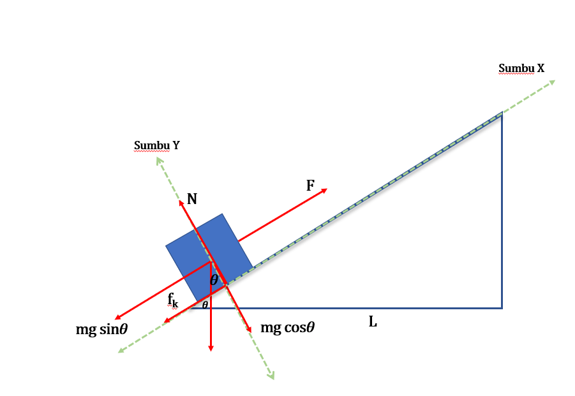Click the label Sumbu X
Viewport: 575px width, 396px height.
(x=521, y=68)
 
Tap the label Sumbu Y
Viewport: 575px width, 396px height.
(x=156, y=145)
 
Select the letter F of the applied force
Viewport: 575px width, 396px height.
(x=310, y=186)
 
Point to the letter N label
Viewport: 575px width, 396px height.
(x=192, y=199)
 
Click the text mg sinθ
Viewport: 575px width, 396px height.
(x=101, y=329)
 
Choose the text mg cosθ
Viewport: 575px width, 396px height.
(x=287, y=327)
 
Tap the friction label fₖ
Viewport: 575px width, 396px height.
(x=173, y=300)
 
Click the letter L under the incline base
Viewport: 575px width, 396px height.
(x=373, y=321)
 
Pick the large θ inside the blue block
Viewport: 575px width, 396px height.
(x=214, y=280)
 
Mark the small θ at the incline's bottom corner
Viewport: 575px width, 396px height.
(x=205, y=304)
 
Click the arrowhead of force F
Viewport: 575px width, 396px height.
(x=325, y=190)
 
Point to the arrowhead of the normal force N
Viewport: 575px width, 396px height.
(x=181, y=203)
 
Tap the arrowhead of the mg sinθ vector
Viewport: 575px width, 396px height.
(x=117, y=317)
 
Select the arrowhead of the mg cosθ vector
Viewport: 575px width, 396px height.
(x=250, y=330)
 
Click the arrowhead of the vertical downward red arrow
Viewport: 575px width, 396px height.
(x=211, y=349)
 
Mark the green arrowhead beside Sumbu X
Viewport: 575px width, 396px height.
(x=552, y=82)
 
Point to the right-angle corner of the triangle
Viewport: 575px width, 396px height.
(x=502, y=308)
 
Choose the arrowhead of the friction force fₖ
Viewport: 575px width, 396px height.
(x=166, y=321)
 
